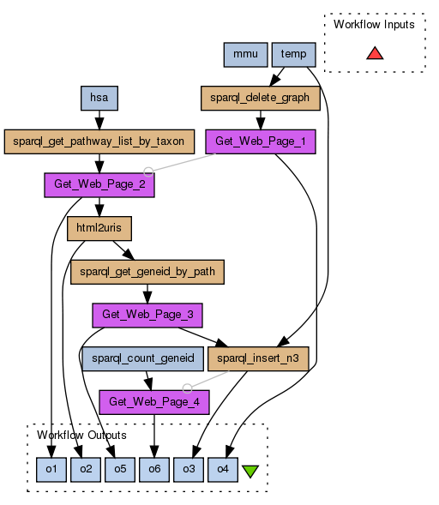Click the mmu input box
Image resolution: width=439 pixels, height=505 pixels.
click(x=245, y=54)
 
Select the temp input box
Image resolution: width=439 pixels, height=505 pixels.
click(x=294, y=54)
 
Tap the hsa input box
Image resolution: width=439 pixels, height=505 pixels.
click(x=99, y=98)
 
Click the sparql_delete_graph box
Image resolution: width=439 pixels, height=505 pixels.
click(x=261, y=98)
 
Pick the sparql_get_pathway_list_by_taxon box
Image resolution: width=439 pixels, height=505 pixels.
click(x=99, y=141)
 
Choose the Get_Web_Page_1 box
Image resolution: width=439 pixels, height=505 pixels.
click(x=261, y=141)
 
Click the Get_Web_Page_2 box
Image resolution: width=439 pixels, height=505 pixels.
click(x=99, y=185)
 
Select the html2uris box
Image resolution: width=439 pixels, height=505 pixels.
click(x=99, y=228)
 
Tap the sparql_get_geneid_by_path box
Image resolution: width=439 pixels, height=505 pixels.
click(x=147, y=272)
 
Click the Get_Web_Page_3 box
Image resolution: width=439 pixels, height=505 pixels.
click(x=147, y=316)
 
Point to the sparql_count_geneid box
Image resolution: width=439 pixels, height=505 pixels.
click(x=142, y=358)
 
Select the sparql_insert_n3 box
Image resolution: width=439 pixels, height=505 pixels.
click(x=258, y=358)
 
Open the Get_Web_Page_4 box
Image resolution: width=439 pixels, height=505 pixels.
click(x=154, y=402)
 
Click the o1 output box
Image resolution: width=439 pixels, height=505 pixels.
click(x=51, y=470)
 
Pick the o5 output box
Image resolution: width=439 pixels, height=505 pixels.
click(x=120, y=470)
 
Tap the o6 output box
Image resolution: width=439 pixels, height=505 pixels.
click(x=154, y=470)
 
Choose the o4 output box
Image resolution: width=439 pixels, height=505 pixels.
click(x=223, y=470)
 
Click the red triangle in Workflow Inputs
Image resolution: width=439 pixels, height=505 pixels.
click(x=375, y=54)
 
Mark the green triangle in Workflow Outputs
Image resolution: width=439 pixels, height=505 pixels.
click(x=250, y=471)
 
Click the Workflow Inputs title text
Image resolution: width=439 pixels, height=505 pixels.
click(x=374, y=25)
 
